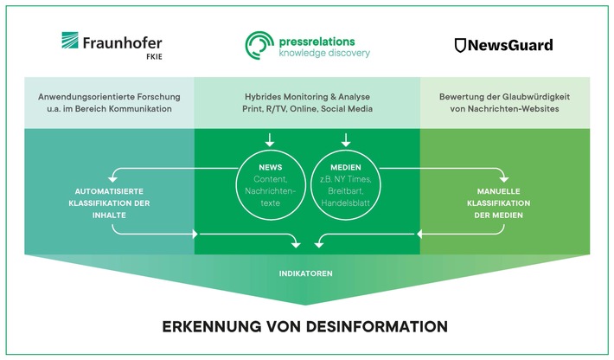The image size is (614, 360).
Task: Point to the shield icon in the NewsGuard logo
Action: tap(462, 45)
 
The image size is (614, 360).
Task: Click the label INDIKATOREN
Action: tap(305, 273)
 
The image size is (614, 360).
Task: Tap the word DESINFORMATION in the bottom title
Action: tap(379, 326)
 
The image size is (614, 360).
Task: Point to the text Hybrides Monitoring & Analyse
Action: tap(307, 95)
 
